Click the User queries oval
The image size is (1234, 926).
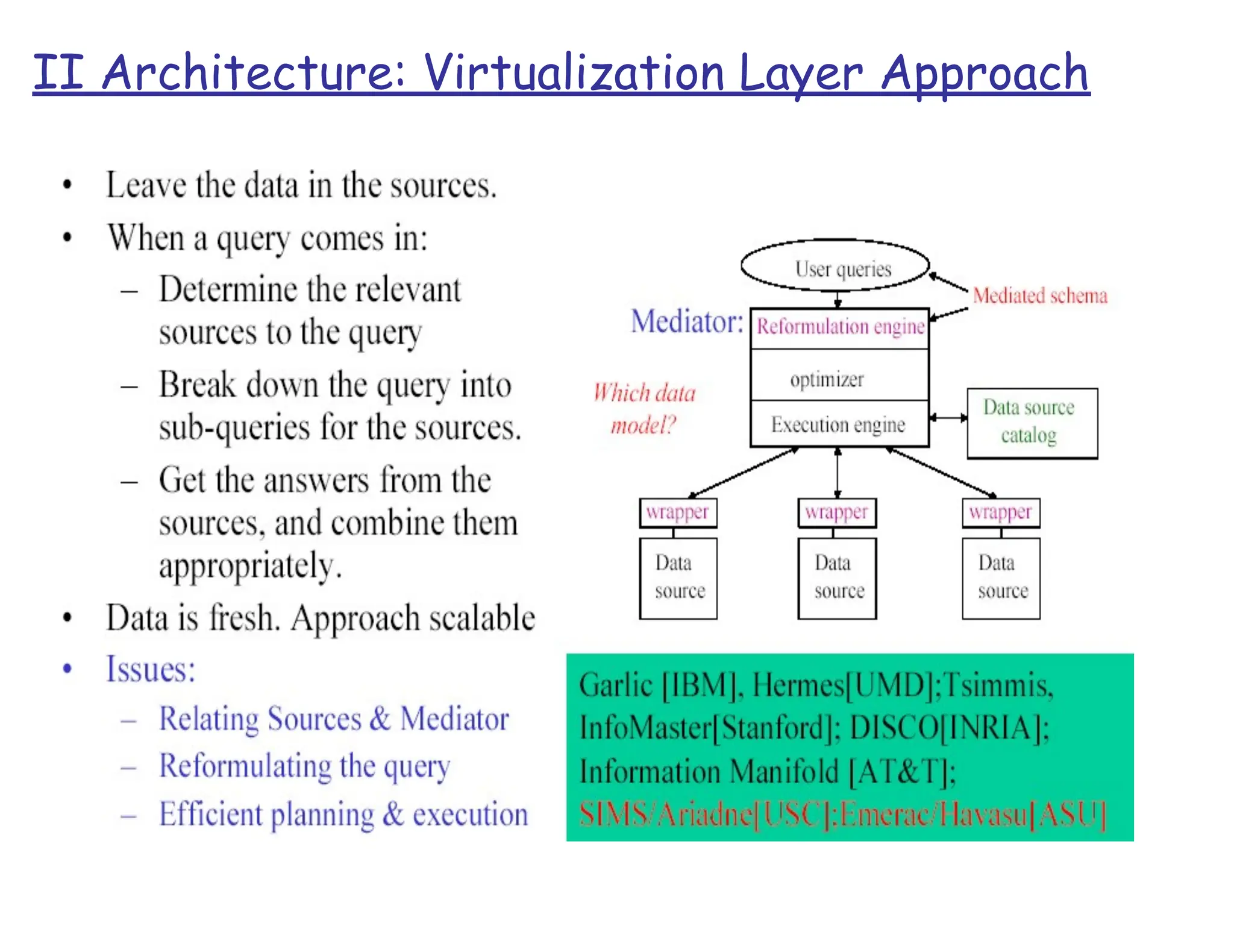835,266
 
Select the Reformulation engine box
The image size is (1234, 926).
840,327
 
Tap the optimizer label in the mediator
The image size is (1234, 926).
827,379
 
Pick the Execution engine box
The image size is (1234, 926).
838,424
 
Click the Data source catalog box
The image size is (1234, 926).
1032,423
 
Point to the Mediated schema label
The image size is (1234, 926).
1040,295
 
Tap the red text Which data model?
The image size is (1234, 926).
644,409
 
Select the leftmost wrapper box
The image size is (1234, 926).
678,512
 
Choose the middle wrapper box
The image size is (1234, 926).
836,512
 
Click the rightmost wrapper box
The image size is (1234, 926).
1000,512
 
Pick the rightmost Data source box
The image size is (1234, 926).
1001,578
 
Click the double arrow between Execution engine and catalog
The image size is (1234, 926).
948,417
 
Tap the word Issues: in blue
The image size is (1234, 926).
151,669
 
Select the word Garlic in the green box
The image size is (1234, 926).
616,685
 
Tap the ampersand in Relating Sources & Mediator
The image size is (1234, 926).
380,719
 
